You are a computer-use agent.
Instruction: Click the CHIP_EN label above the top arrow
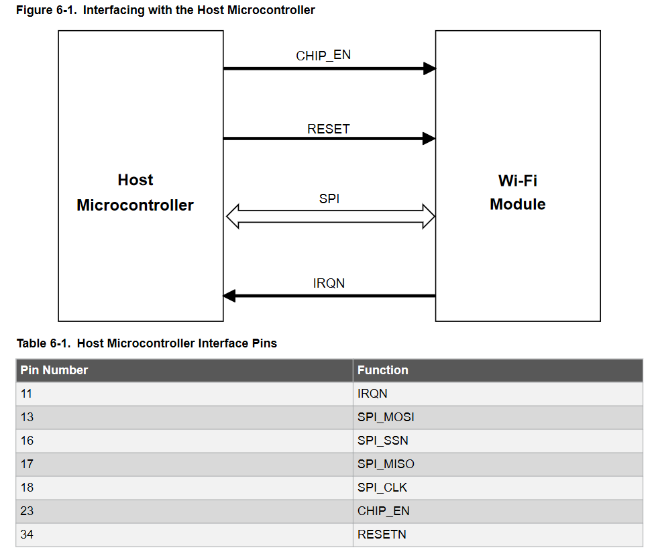click(323, 55)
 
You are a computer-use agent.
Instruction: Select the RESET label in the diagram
click(328, 129)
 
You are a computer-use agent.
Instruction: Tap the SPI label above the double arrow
click(329, 199)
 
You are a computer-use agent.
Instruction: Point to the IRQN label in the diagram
click(329, 283)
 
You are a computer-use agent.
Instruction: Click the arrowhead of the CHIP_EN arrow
click(429, 68)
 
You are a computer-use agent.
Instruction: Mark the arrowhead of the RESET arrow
click(429, 139)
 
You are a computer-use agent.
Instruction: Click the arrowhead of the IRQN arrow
click(229, 296)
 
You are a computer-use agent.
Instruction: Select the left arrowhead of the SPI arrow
click(233, 217)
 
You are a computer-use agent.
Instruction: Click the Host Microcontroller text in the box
click(135, 192)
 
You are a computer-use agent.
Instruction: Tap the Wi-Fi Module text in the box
click(517, 192)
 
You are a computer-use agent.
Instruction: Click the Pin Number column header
click(54, 370)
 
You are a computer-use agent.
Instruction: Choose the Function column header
click(382, 370)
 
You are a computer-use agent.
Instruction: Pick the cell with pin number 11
click(27, 394)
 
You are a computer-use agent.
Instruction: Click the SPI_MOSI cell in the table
click(386, 417)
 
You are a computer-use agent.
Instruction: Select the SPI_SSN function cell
click(382, 441)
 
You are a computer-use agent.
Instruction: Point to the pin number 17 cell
click(27, 464)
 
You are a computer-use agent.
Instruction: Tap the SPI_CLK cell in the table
click(382, 488)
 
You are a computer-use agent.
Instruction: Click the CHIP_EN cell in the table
click(383, 511)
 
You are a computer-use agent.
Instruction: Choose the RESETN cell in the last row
click(381, 535)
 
